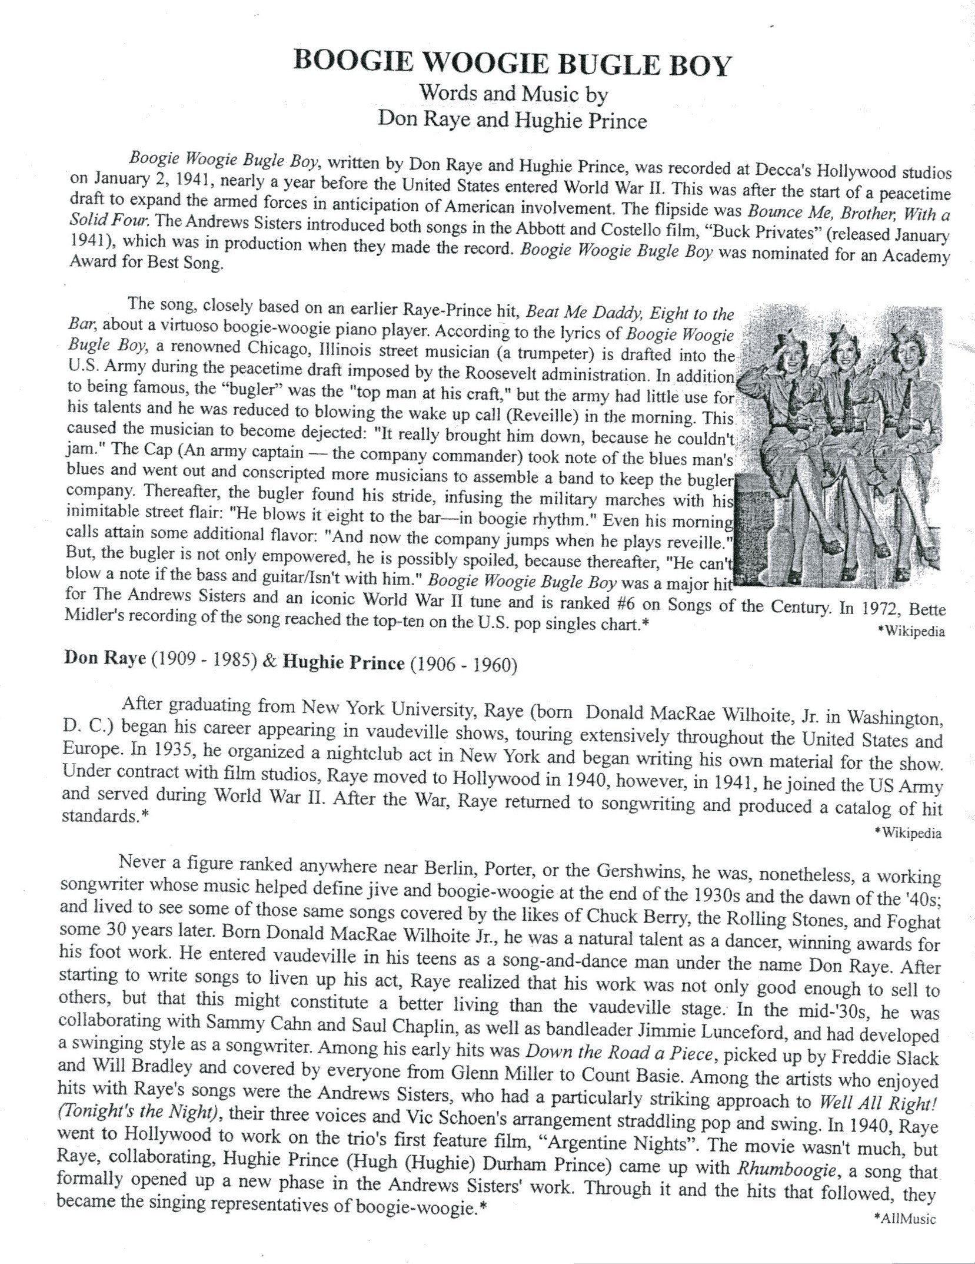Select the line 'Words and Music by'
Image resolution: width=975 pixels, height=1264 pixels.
tap(513, 94)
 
